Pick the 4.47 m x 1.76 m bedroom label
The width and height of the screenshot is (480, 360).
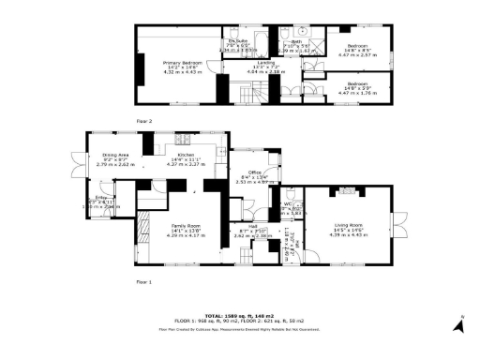[x=359, y=89]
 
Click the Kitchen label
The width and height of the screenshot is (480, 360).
[x=185, y=160]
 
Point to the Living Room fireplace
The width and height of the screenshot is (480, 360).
[x=349, y=190]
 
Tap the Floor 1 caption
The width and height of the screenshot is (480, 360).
[x=144, y=281]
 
